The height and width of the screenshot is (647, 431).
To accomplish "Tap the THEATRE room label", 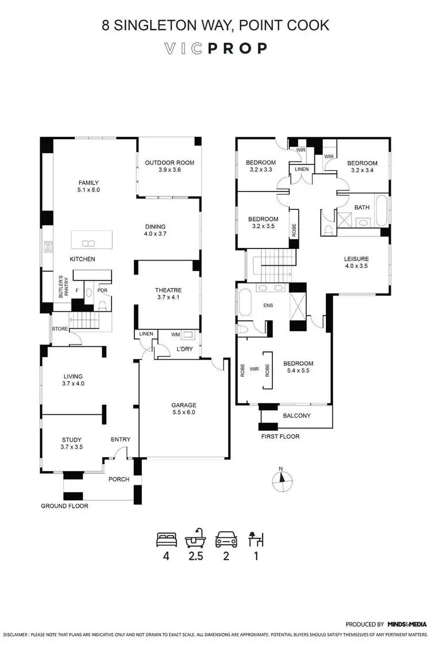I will click(168, 290).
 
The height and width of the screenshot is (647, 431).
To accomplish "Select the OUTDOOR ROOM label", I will click(170, 163).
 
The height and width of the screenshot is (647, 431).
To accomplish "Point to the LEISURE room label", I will click(356, 258).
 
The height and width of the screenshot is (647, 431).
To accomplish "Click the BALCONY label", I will click(297, 416).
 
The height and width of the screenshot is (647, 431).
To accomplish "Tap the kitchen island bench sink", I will click(88, 242).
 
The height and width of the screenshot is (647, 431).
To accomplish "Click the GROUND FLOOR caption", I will click(64, 506).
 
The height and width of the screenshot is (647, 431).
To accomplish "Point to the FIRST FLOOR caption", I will click(280, 437).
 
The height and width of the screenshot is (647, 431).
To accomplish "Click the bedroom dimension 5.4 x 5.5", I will click(298, 372).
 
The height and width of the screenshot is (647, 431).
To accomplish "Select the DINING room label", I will click(155, 226).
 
